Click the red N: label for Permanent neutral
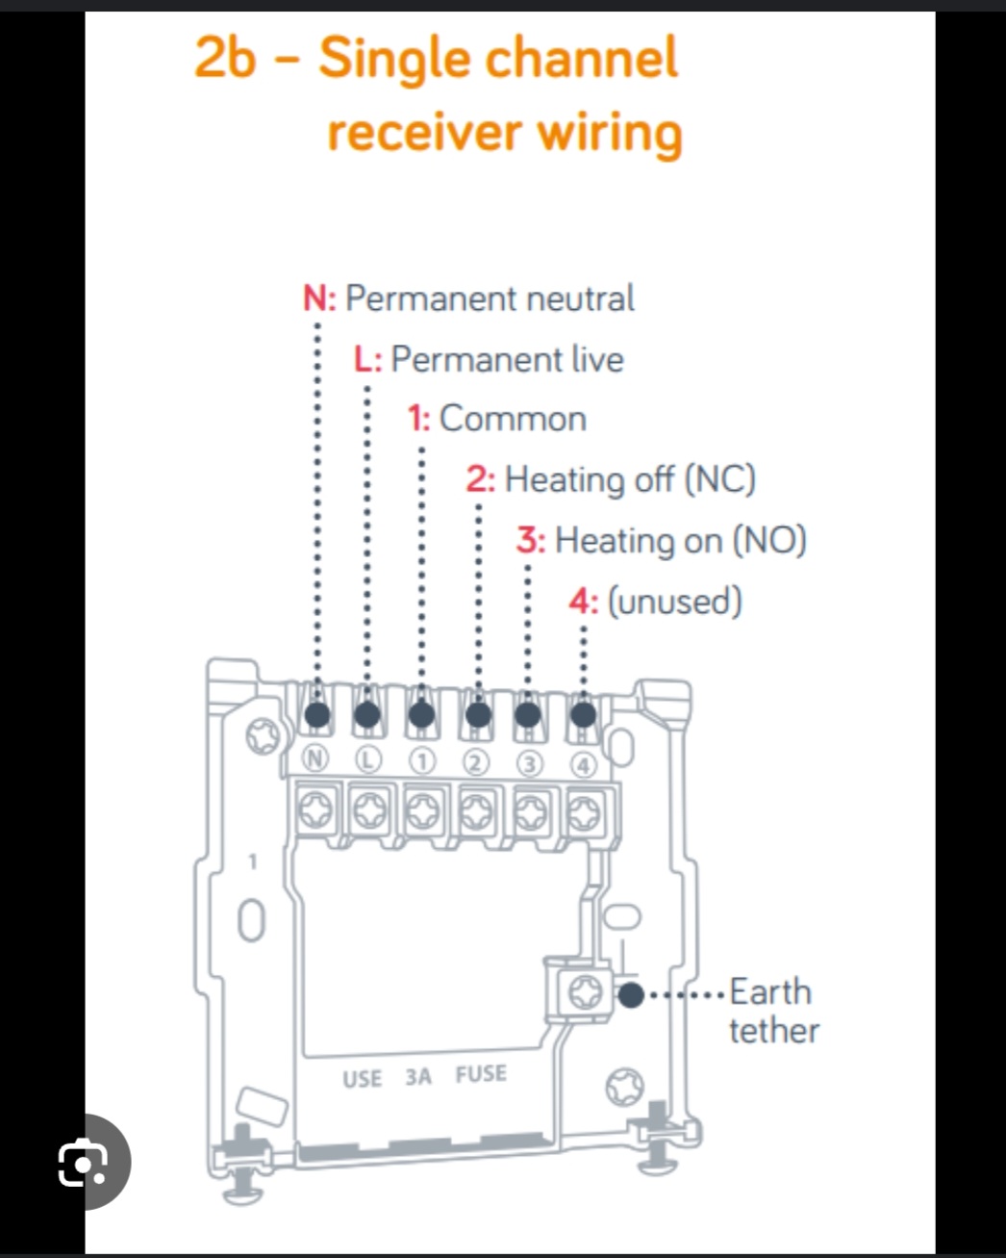tap(319, 298)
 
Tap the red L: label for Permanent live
tap(368, 359)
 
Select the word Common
tap(513, 419)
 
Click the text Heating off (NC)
tap(630, 480)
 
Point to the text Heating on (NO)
tap(681, 541)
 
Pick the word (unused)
tap(675, 602)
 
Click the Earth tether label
tap(774, 1011)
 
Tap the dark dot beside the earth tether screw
tap(631, 995)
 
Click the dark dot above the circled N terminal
tap(317, 714)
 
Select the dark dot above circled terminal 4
tap(583, 714)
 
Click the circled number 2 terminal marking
tap(476, 763)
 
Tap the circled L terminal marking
tap(368, 760)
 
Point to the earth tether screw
tap(585, 992)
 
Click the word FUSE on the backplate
tap(481, 1074)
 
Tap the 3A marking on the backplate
tap(418, 1076)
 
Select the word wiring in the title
tap(610, 133)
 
